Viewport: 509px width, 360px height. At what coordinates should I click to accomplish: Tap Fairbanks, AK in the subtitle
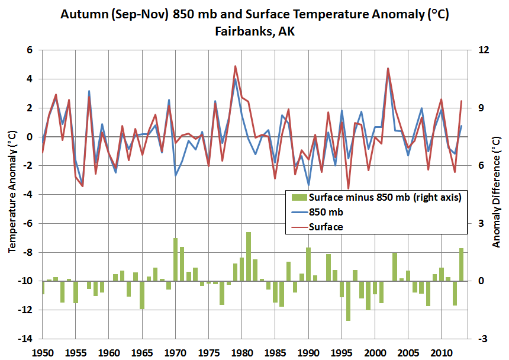(x=255, y=31)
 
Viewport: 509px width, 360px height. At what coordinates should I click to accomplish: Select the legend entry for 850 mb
(x=326, y=212)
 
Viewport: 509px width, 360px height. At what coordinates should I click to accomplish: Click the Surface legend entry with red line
(x=326, y=227)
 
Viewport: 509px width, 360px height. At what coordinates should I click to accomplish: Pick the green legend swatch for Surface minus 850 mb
(x=299, y=197)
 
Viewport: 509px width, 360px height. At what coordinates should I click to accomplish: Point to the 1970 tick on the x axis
(x=175, y=353)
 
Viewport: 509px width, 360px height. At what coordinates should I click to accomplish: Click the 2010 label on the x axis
(x=441, y=353)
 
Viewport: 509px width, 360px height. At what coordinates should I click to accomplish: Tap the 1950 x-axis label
(x=43, y=353)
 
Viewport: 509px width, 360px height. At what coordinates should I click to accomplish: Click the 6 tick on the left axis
(x=30, y=50)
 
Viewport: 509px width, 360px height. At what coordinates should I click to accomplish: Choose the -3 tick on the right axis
(x=483, y=339)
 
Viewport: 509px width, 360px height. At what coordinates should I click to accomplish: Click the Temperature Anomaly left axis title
(x=12, y=191)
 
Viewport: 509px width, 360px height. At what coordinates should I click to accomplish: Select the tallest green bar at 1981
(x=249, y=256)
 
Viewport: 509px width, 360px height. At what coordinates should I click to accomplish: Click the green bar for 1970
(x=175, y=260)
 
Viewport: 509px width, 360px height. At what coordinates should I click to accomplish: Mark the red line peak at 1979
(x=236, y=66)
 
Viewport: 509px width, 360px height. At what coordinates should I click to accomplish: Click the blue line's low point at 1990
(x=308, y=185)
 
